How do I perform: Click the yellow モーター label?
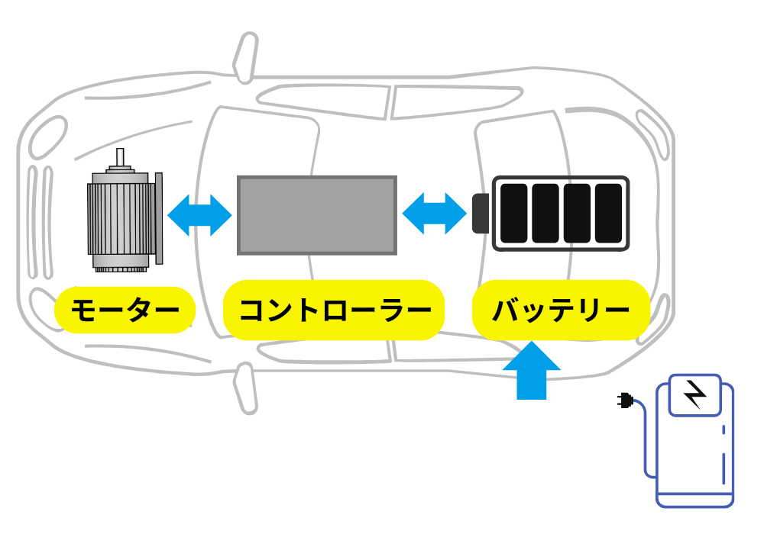(125, 310)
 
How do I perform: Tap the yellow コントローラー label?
(333, 310)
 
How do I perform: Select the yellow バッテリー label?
(561, 310)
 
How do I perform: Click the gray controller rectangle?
(316, 215)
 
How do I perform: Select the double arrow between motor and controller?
(199, 215)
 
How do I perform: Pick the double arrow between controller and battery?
(434, 214)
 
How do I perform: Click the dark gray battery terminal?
(481, 214)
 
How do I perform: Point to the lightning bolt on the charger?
(694, 394)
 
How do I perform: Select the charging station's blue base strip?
(695, 500)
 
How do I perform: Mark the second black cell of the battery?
(545, 214)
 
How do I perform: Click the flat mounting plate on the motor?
(159, 220)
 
